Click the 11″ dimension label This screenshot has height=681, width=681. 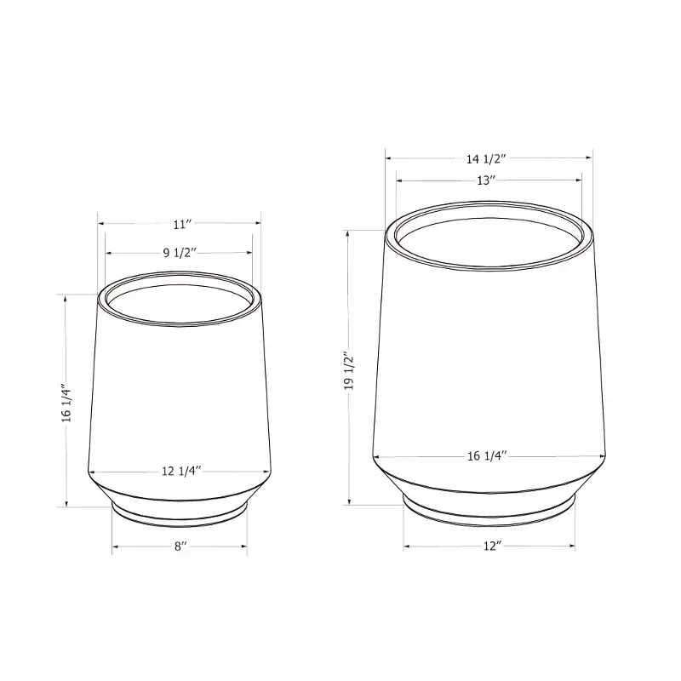pyautogui.click(x=182, y=225)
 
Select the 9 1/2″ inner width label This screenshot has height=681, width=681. pyautogui.click(x=180, y=253)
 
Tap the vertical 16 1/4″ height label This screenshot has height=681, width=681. pyautogui.click(x=66, y=403)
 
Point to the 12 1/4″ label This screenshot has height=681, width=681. pyautogui.click(x=181, y=472)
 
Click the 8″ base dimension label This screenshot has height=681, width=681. pyautogui.click(x=180, y=547)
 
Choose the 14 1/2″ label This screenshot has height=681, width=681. pyautogui.click(x=486, y=159)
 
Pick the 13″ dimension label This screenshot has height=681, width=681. pyautogui.click(x=486, y=180)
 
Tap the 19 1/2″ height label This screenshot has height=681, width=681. pyautogui.click(x=349, y=370)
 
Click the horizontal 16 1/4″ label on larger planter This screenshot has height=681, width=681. pyautogui.click(x=487, y=456)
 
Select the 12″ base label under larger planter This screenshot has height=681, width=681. pyautogui.click(x=493, y=546)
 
